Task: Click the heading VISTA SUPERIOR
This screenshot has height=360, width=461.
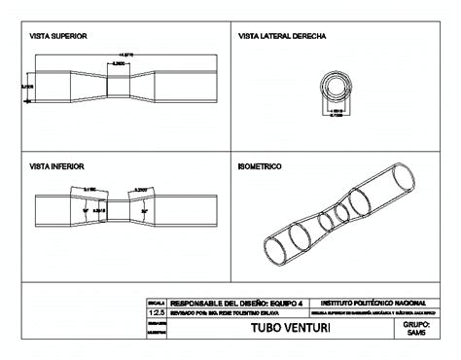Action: (x=58, y=35)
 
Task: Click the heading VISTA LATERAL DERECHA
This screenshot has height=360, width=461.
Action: (x=282, y=35)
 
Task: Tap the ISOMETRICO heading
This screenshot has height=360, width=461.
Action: (x=260, y=166)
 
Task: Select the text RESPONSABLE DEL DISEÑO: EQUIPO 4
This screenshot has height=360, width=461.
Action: (x=231, y=304)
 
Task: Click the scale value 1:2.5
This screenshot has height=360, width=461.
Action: (x=156, y=313)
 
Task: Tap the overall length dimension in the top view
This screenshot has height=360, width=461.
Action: (x=125, y=54)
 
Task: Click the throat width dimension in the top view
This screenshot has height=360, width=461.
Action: (x=118, y=62)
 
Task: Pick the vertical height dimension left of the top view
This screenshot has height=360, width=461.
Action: (x=27, y=87)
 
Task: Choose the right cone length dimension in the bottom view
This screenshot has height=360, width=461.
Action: (x=141, y=189)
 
